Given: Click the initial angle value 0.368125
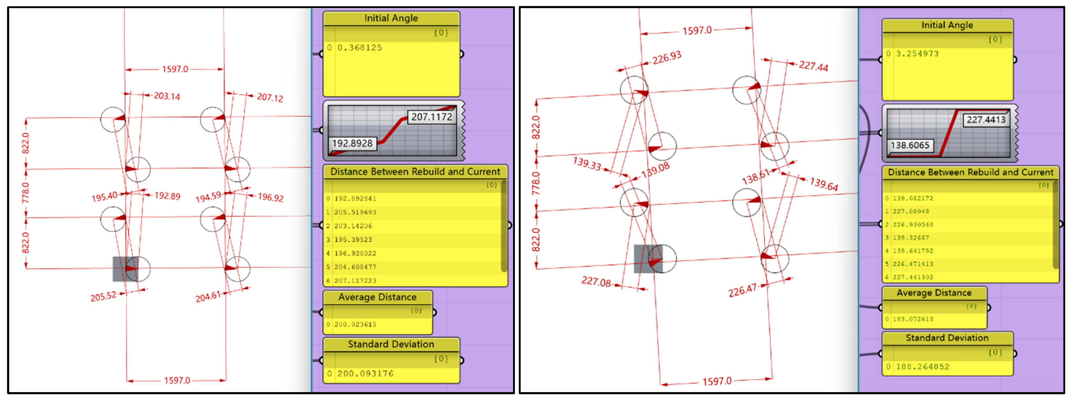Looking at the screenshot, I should coord(360,48).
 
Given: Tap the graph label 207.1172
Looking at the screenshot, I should coord(431,117).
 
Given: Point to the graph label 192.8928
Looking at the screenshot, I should coord(352,143).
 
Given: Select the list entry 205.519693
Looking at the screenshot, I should coord(355,212).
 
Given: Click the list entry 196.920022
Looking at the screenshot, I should coord(355,253).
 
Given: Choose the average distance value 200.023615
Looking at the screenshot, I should coord(355,324).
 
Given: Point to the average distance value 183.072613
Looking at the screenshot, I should coord(913,319).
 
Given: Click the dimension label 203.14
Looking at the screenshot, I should coord(167,96).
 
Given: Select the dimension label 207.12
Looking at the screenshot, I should coord(270,98).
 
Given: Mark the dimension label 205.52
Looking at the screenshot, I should coord(103,297).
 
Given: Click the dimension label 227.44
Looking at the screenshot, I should coord(813,66).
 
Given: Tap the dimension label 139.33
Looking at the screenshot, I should coord(587,164).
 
